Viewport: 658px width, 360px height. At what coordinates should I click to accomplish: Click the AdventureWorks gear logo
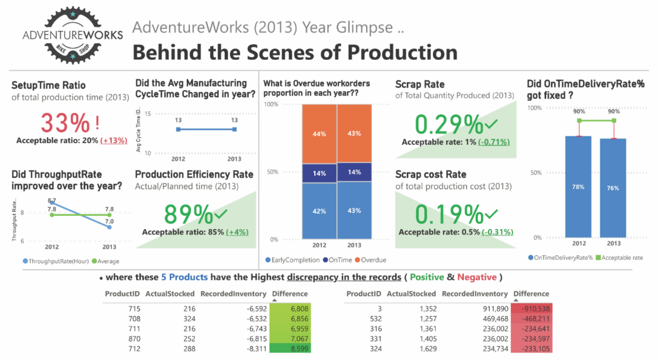tap(73, 35)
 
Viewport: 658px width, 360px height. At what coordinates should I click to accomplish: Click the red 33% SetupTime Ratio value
tap(65, 123)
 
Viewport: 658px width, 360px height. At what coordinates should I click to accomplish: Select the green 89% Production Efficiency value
tap(188, 214)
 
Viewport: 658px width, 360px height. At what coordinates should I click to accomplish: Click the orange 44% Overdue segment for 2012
tap(319, 134)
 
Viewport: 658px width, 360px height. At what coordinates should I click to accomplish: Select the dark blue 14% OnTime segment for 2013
tap(354, 172)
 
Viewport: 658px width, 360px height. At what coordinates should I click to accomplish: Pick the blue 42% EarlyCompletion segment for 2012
tap(319, 211)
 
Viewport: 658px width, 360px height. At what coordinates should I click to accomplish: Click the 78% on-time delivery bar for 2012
tap(578, 187)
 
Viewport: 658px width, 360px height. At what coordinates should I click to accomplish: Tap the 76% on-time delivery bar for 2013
tap(613, 188)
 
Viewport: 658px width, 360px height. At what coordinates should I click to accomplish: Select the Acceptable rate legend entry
tap(619, 258)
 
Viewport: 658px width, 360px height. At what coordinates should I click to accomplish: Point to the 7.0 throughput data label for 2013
tap(109, 221)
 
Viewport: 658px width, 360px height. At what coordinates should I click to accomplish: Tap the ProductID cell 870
tap(134, 339)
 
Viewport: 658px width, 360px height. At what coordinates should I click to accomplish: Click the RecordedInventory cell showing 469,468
tap(495, 319)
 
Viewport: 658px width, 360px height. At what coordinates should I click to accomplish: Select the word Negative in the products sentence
tap(477, 277)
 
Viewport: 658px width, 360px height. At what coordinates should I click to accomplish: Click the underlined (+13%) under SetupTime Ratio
tap(114, 141)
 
